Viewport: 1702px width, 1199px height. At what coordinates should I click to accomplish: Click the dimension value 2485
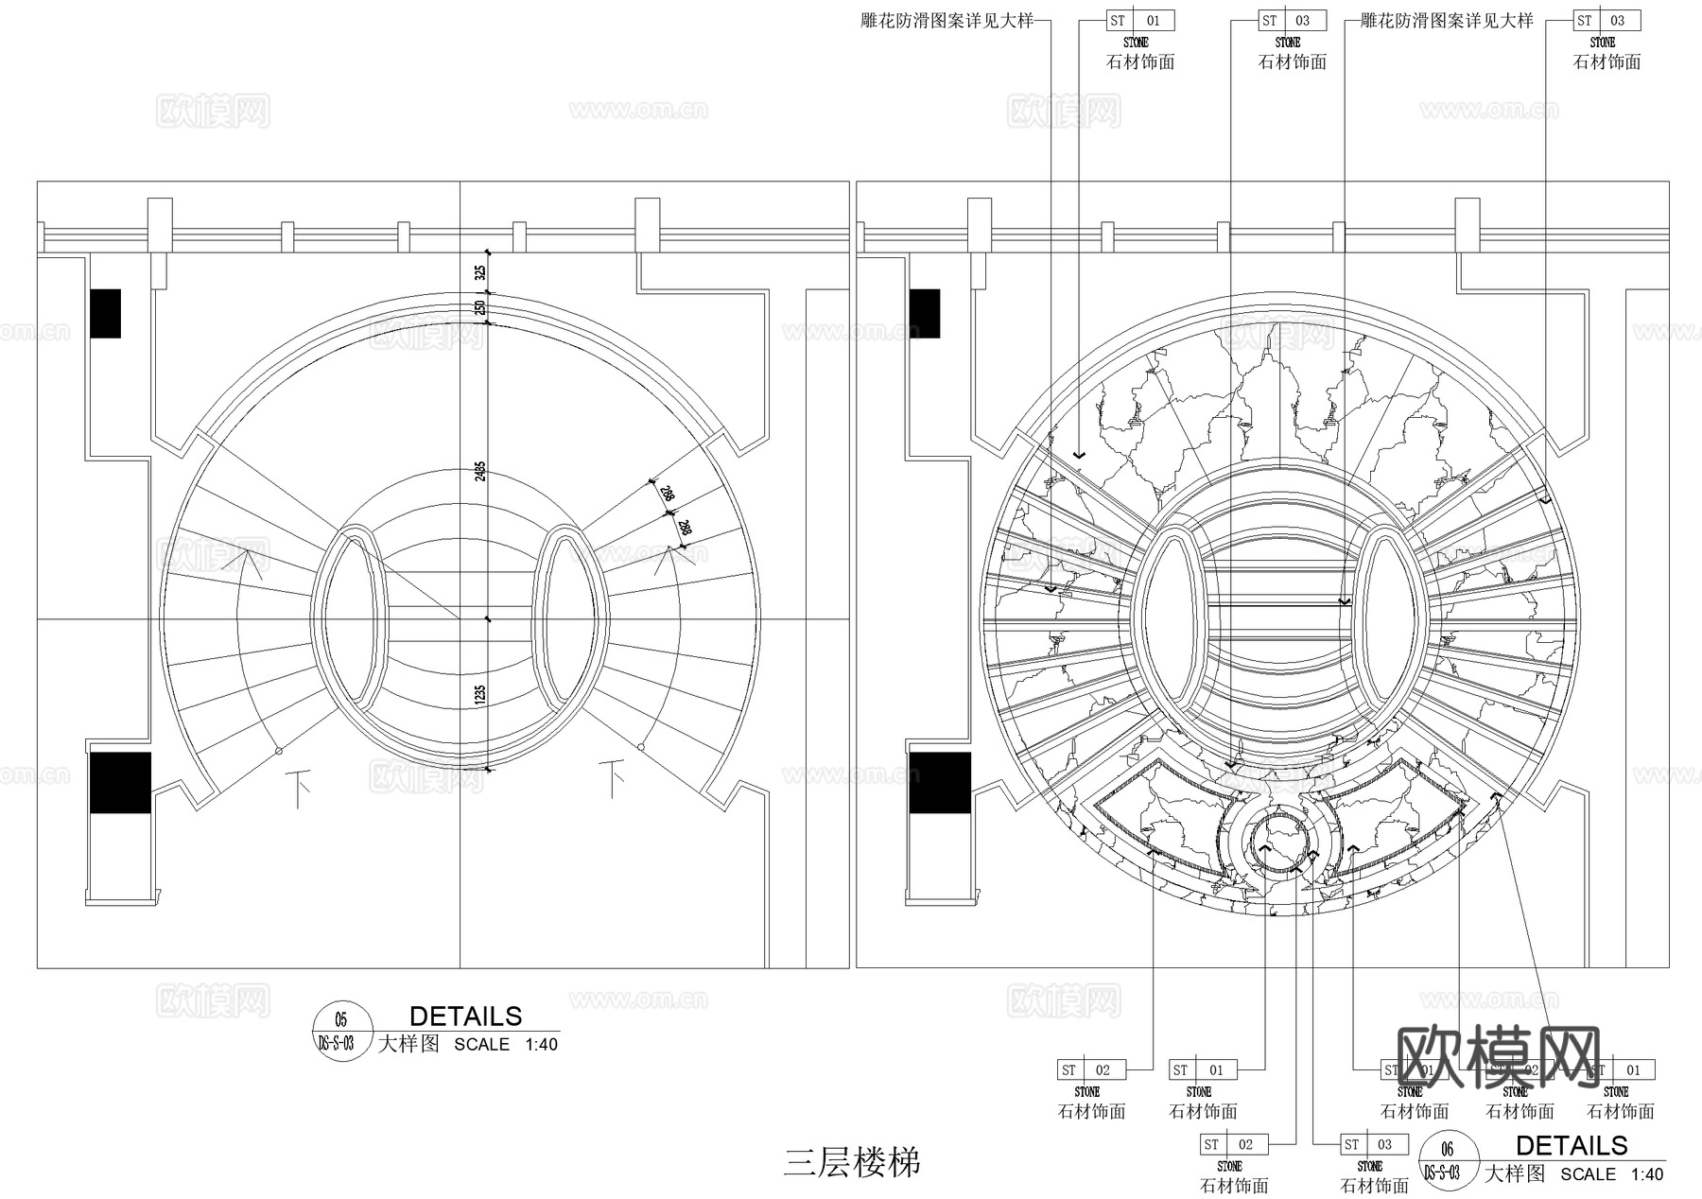click(x=480, y=470)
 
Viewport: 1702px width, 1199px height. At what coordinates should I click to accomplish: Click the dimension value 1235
click(x=480, y=695)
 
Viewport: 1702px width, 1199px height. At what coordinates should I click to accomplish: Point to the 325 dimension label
click(x=480, y=272)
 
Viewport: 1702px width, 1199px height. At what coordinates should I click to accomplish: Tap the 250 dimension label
click(x=480, y=307)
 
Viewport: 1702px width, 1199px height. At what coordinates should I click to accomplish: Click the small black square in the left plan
click(x=106, y=313)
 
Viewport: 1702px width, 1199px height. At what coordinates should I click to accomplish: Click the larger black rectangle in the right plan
click(x=939, y=783)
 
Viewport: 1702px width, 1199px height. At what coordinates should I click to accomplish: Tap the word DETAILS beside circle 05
click(x=465, y=1017)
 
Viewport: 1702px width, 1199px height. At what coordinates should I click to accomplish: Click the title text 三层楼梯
click(x=851, y=1162)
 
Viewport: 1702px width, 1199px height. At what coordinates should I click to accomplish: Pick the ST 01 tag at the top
click(x=1139, y=21)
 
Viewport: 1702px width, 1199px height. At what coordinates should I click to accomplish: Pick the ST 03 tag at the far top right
click(x=1606, y=21)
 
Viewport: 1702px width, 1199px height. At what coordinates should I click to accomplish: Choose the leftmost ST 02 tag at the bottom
click(x=1090, y=1070)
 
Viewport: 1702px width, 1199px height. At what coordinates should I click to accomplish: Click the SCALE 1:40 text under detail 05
click(x=506, y=1045)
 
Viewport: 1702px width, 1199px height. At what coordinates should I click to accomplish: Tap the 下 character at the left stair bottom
click(x=300, y=786)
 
